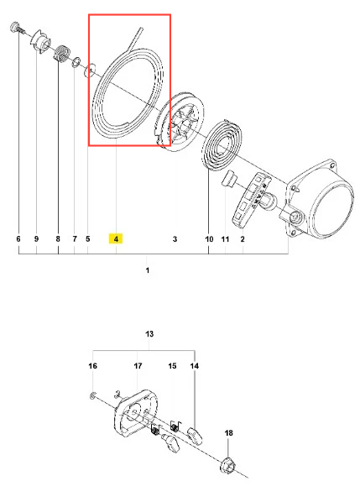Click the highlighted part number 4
[116, 238]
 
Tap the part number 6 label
[18, 238]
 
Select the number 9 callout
[36, 238]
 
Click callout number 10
[209, 238]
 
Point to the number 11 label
[225, 238]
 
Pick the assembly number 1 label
[148, 270]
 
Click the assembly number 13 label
[149, 334]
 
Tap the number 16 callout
[92, 366]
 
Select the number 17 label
[138, 366]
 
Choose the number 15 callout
[172, 366]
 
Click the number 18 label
[228, 432]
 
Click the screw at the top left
[16, 28]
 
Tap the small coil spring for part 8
[62, 53]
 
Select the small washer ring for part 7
[76, 62]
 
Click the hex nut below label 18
[227, 464]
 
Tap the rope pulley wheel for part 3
[179, 122]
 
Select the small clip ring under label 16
[92, 396]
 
